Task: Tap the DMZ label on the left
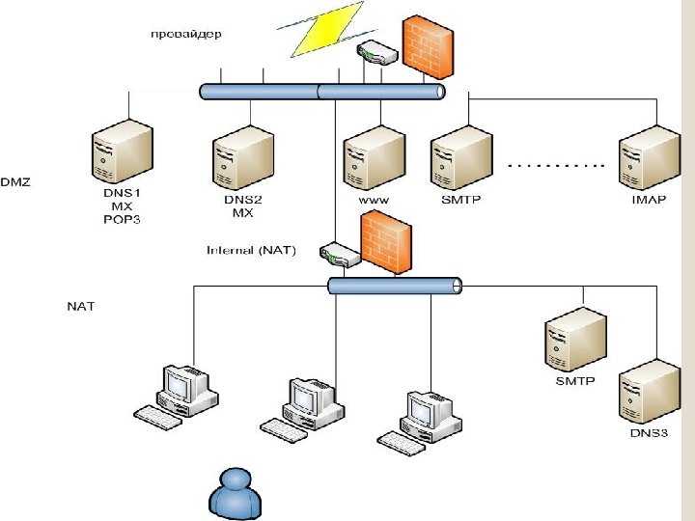pyautogui.click(x=16, y=181)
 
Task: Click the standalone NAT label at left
pyautogui.click(x=80, y=307)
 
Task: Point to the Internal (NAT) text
pyautogui.click(x=251, y=251)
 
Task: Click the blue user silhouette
pyautogui.click(x=236, y=494)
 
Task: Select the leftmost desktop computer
pyautogui.click(x=179, y=396)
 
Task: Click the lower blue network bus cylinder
pyautogui.click(x=394, y=286)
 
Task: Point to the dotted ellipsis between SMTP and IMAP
pyautogui.click(x=555, y=166)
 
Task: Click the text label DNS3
pyautogui.click(x=649, y=433)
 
